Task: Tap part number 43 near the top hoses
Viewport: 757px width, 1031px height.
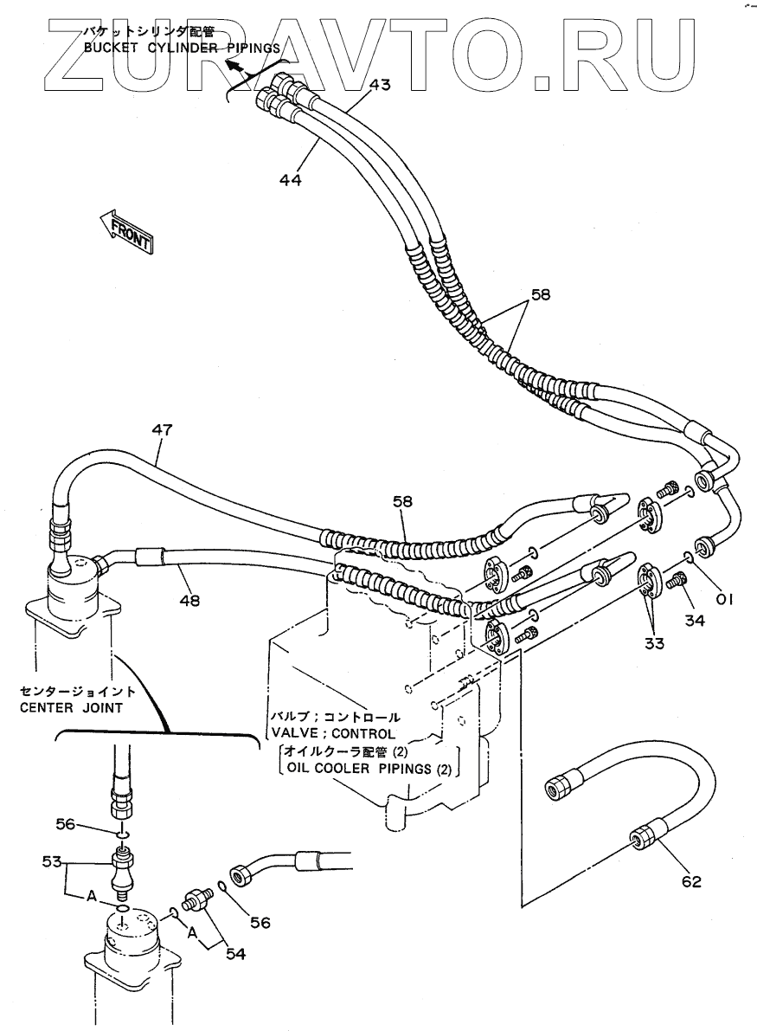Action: [x=379, y=84]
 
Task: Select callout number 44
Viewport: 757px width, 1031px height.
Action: [x=290, y=179]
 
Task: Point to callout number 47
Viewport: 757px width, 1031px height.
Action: [x=162, y=429]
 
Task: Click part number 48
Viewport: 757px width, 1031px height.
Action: [x=189, y=600]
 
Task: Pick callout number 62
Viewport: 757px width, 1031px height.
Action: [x=692, y=881]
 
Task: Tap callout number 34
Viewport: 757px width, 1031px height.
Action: [x=695, y=620]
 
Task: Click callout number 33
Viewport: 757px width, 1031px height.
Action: [x=655, y=643]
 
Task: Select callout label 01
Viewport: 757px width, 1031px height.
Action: [x=724, y=599]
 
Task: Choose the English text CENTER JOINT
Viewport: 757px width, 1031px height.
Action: [x=71, y=707]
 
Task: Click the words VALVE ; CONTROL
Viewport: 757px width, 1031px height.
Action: [x=333, y=732]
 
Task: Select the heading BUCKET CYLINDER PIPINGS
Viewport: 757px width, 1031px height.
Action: [x=182, y=48]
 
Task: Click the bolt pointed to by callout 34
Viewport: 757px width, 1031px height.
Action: [x=677, y=581]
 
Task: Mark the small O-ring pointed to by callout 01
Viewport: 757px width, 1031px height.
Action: [x=687, y=558]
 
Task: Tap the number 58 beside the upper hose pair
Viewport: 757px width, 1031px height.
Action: [x=540, y=294]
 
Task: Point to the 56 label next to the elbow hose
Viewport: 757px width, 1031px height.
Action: [x=260, y=923]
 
